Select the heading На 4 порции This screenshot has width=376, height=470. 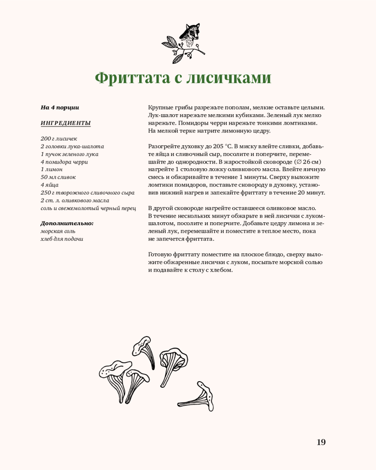(x=60, y=108)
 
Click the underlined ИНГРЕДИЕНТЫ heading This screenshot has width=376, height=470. (x=66, y=123)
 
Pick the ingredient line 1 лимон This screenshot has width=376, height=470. (x=52, y=170)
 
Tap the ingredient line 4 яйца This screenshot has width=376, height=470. (x=50, y=185)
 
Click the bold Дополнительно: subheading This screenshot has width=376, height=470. (x=67, y=223)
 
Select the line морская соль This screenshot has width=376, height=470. (x=58, y=231)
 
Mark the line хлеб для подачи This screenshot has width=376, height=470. (x=62, y=239)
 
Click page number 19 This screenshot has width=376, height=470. (x=321, y=442)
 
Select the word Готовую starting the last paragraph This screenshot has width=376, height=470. (x=161, y=254)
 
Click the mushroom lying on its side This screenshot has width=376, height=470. (x=197, y=398)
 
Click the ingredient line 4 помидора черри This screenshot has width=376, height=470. (x=64, y=162)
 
